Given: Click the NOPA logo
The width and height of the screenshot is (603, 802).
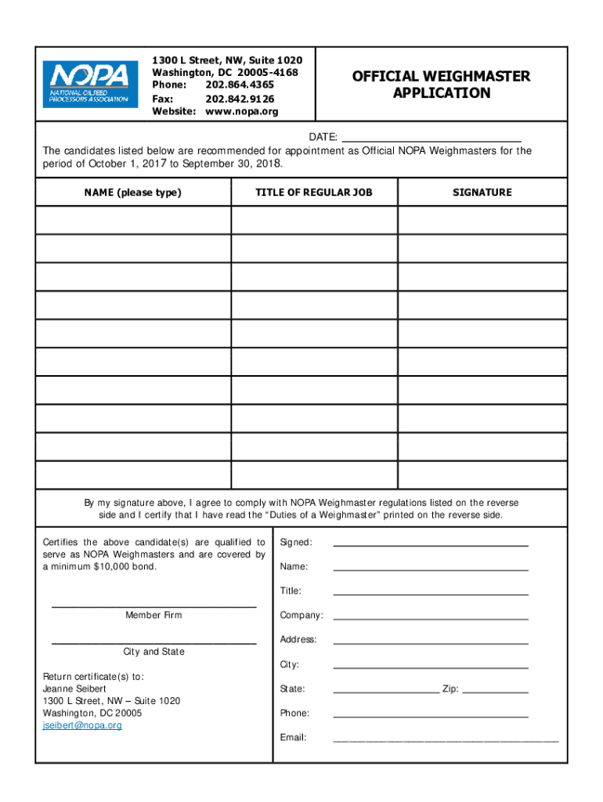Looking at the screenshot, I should point(88,85).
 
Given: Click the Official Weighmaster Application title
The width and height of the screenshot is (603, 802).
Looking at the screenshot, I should point(441,85).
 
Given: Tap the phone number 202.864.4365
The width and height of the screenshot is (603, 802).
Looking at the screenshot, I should point(240,85).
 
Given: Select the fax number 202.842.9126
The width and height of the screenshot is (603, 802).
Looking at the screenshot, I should point(240,99).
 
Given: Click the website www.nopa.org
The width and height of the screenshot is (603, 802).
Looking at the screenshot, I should point(241,112).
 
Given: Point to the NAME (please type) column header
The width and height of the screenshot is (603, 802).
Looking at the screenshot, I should point(132,192).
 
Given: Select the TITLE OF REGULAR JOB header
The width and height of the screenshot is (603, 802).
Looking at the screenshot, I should point(314,192).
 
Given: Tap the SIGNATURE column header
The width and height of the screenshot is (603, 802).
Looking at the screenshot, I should point(482,192).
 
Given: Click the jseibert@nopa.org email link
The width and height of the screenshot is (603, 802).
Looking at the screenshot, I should point(82,725).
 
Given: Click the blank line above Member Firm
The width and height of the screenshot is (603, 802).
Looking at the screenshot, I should point(153,606).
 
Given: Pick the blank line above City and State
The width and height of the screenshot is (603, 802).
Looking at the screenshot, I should point(153,642).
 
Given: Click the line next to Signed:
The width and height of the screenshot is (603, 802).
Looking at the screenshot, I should point(430,544).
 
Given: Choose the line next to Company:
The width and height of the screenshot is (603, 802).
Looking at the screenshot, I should point(430,617).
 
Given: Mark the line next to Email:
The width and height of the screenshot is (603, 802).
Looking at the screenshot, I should point(446,739).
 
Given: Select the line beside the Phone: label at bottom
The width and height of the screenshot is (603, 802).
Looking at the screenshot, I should point(430,715).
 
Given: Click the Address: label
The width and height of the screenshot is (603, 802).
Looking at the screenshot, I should point(298,640).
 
